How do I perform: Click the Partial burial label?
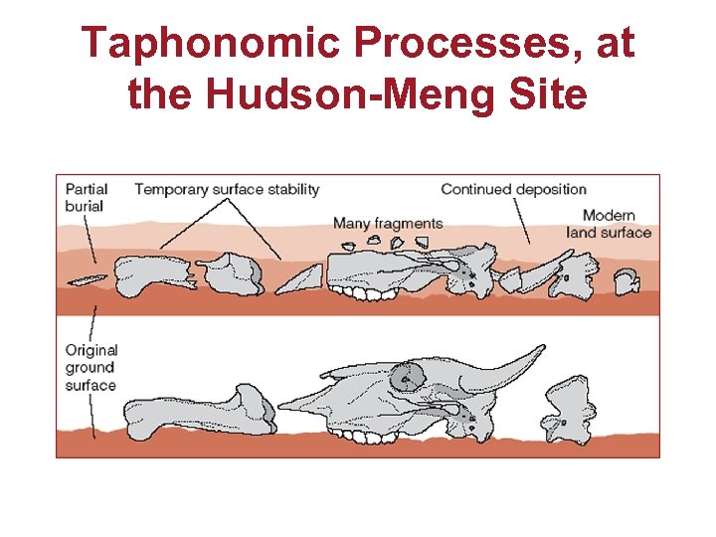tap(88, 197)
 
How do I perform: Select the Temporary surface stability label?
tap(227, 189)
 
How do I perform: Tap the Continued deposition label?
tap(513, 189)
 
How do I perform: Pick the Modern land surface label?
tap(609, 224)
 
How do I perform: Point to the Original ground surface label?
tap(90, 367)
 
